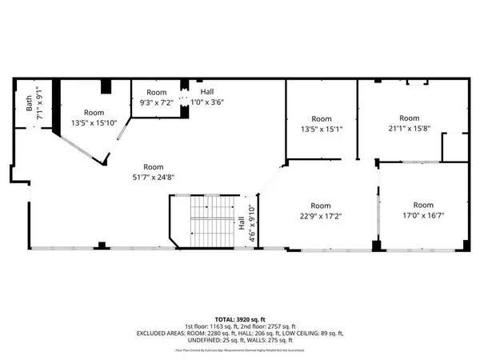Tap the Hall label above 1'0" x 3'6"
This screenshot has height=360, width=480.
tap(206, 92)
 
